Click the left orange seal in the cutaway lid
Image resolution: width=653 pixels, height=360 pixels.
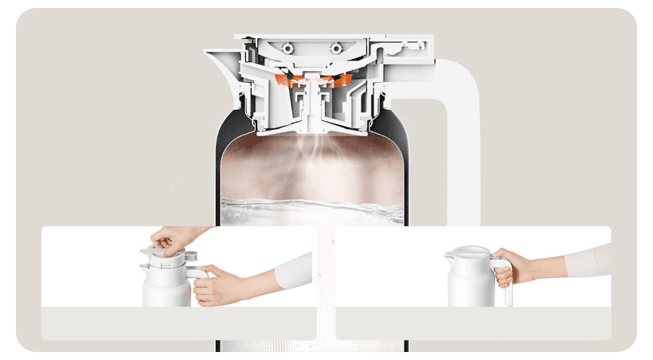click(x=282, y=80)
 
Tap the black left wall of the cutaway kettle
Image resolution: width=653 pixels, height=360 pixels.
click(x=221, y=159)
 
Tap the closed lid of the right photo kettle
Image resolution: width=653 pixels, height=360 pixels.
click(x=470, y=254)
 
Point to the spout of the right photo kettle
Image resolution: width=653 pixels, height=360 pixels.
click(x=448, y=256)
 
